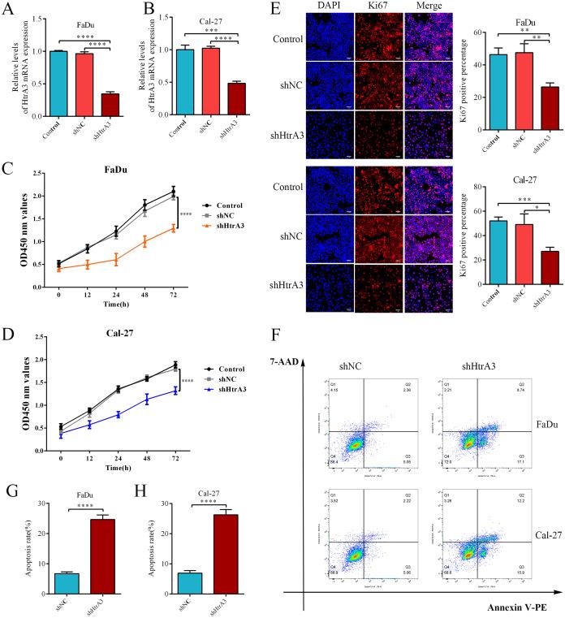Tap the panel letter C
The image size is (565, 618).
(7, 149)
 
